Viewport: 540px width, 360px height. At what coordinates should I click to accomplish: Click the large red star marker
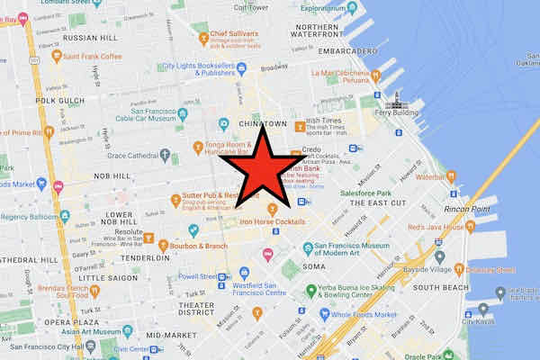point(262,171)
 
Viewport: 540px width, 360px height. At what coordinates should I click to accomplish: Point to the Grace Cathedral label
point(134,153)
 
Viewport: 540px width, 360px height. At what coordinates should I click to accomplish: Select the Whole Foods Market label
point(364,314)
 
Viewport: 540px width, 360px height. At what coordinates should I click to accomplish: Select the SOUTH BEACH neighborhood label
point(440,287)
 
